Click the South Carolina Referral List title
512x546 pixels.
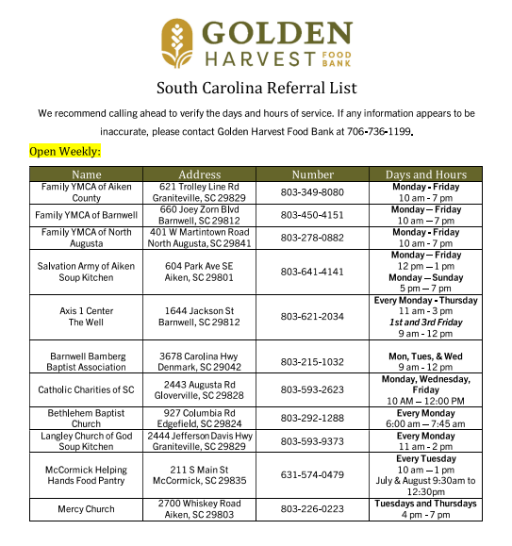click(x=256, y=89)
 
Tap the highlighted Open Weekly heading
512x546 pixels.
click(x=65, y=151)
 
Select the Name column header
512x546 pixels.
click(x=87, y=174)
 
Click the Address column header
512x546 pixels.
click(x=200, y=174)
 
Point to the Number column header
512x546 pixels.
click(x=312, y=174)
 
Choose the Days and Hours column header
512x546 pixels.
click(x=425, y=174)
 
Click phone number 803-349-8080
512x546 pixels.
click(x=312, y=192)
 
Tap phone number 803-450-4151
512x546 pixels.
click(x=312, y=215)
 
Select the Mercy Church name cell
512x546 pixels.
click(x=87, y=509)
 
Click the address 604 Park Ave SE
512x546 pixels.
click(x=199, y=267)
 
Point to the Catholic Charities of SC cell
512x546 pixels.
click(x=87, y=389)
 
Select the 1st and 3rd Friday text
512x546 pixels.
click(x=425, y=323)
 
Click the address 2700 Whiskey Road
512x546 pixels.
click(x=199, y=504)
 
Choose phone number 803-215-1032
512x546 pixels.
click(x=312, y=361)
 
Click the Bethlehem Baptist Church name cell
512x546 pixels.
click(x=87, y=418)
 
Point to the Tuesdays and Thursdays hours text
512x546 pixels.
click(x=425, y=504)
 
